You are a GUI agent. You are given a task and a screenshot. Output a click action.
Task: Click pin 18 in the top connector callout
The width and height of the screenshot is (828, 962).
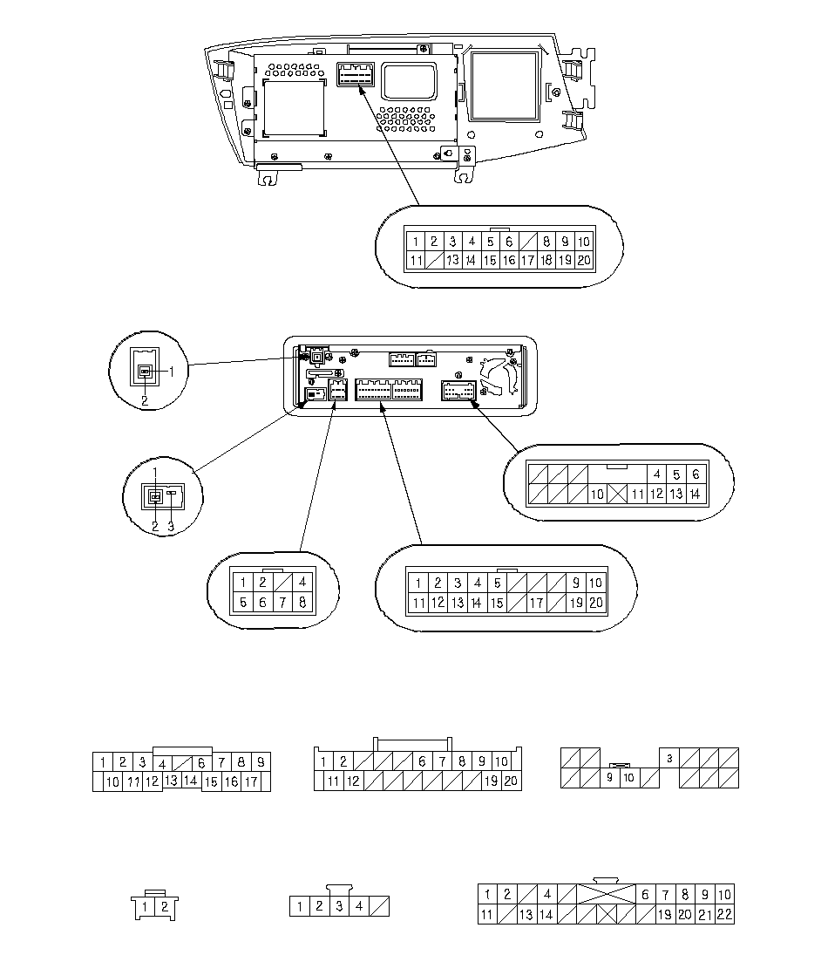(x=546, y=260)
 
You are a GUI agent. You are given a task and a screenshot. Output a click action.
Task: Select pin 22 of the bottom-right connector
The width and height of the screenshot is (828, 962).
(x=724, y=915)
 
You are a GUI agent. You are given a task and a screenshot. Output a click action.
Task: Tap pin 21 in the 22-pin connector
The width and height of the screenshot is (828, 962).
(x=705, y=915)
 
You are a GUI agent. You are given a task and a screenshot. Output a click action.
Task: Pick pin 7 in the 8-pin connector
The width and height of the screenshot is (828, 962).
(x=282, y=603)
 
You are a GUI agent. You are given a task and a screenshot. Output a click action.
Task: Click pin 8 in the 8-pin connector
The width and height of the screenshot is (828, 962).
(x=302, y=603)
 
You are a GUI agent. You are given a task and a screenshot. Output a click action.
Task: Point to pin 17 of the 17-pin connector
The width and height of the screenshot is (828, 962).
(x=251, y=782)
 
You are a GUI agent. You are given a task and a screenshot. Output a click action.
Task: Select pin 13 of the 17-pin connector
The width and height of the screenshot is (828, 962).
(x=171, y=781)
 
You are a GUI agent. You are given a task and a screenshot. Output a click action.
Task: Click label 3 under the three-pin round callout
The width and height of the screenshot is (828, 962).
(x=171, y=526)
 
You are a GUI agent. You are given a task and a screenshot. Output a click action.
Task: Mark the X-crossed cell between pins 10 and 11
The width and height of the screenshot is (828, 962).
(x=618, y=495)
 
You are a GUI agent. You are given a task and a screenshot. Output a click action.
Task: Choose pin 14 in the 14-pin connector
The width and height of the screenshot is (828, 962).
(x=695, y=495)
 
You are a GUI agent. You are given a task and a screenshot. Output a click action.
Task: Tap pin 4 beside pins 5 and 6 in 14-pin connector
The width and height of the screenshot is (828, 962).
(x=656, y=474)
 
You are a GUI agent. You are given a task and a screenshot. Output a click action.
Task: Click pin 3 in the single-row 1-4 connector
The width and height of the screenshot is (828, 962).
(x=339, y=907)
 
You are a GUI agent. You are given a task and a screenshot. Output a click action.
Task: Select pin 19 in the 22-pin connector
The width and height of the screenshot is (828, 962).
(x=664, y=915)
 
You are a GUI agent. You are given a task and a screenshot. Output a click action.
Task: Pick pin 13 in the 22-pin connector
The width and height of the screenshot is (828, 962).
(x=526, y=915)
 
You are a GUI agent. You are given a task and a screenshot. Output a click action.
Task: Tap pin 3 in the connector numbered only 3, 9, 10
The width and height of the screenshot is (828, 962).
(x=669, y=758)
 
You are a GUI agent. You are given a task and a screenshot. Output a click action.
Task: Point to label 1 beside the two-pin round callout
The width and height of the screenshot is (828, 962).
(x=172, y=371)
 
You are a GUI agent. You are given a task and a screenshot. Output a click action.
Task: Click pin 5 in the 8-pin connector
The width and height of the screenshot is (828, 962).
(x=243, y=603)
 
